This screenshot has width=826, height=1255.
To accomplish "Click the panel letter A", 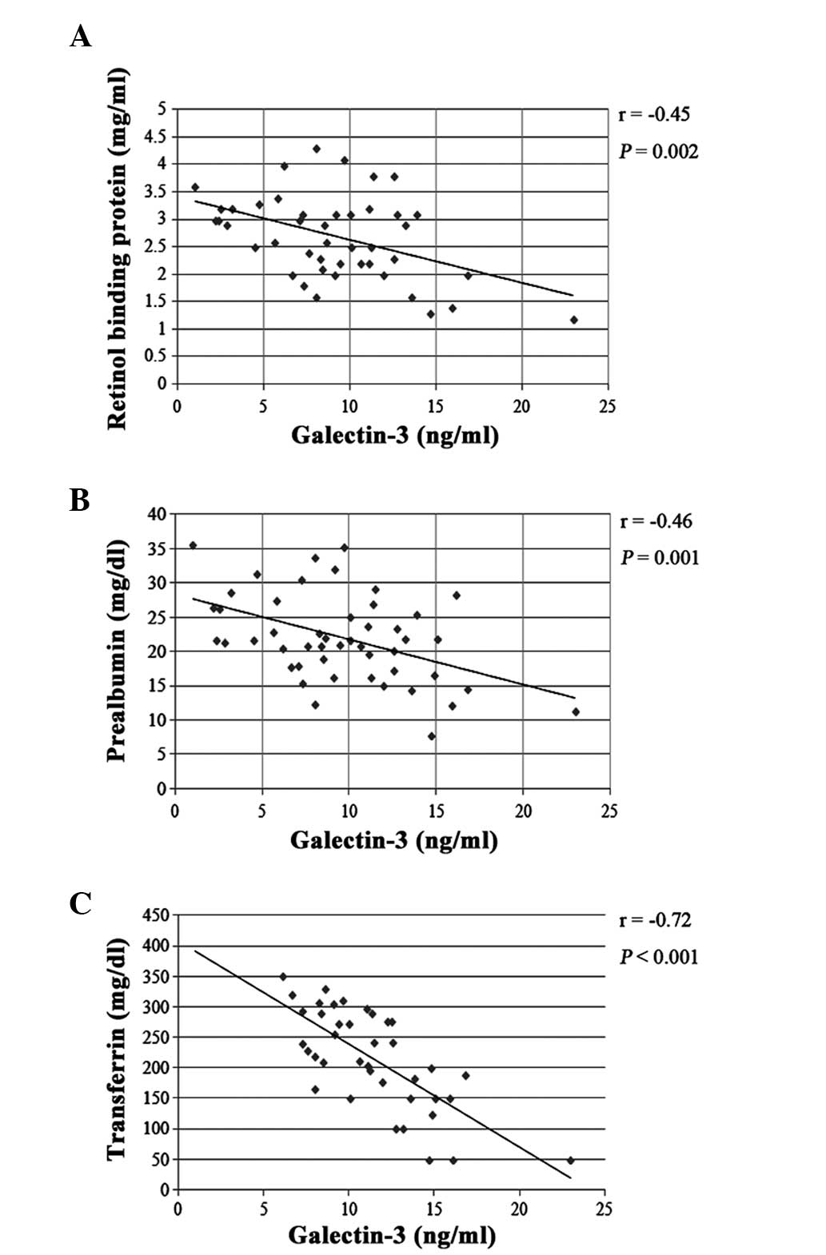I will click(x=80, y=37).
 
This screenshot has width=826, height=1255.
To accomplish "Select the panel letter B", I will click(x=80, y=500).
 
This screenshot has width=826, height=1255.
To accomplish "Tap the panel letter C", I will click(x=80, y=904).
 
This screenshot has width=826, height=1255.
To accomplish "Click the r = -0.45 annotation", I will click(x=654, y=114).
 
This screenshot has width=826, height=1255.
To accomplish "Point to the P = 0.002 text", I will click(x=659, y=152).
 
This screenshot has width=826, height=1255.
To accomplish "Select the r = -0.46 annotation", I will click(x=656, y=522).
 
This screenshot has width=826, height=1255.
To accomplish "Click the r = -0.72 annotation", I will click(x=655, y=920).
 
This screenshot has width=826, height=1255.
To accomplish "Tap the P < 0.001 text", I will click(x=659, y=957).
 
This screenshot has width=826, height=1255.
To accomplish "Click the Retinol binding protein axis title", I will click(x=118, y=249).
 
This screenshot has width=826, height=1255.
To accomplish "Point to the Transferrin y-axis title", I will click(x=118, y=1047).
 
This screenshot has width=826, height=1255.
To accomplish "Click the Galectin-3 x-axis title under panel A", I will click(x=395, y=436).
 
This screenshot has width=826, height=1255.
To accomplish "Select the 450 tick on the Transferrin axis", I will click(x=154, y=916).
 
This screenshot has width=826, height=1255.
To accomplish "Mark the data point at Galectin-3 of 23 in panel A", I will click(x=574, y=320).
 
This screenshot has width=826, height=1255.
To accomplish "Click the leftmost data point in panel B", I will click(x=193, y=545).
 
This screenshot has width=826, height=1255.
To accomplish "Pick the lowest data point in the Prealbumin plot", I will click(x=432, y=736).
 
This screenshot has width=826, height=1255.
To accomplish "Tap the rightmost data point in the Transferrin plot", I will click(x=571, y=1160).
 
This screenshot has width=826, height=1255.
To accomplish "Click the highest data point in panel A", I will click(x=317, y=149).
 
